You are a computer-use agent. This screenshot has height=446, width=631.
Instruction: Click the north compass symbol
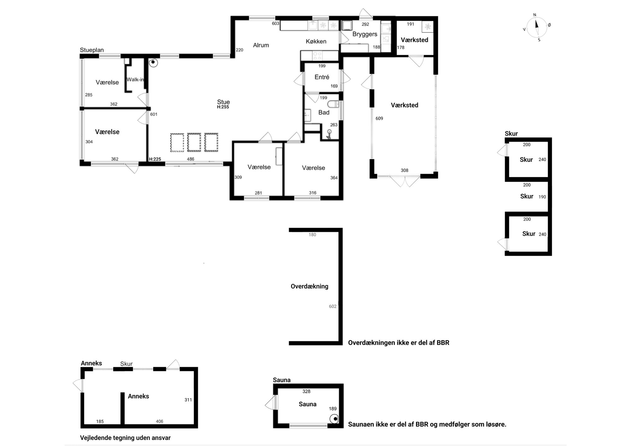(536, 27)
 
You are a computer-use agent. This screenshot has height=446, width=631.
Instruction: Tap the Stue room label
(223, 102)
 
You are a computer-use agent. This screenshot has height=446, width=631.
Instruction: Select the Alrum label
(261, 45)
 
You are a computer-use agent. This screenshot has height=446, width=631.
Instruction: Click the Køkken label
(316, 41)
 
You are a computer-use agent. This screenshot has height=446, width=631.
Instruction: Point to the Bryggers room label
(365, 34)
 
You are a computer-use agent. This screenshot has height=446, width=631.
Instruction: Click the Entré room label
(322, 77)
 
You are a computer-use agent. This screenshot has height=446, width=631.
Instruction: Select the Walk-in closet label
(135, 79)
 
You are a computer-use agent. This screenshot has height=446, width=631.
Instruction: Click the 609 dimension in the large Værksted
(379, 119)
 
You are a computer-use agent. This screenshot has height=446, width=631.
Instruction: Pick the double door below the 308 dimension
(405, 181)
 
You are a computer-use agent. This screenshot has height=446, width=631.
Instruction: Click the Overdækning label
(310, 286)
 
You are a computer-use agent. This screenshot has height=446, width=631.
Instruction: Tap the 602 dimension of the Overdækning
(333, 306)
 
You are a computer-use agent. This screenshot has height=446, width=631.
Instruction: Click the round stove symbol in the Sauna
(334, 419)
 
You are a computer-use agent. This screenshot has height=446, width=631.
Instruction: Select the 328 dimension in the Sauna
(306, 391)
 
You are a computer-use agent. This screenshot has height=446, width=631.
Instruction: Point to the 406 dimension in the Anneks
(160, 421)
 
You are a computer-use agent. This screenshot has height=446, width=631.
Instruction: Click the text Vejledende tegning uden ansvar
(125, 438)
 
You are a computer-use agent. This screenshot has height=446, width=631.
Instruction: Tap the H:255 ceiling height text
(223, 107)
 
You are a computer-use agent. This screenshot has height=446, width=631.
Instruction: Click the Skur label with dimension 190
(527, 196)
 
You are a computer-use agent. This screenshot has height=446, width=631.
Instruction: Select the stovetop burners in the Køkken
(317, 56)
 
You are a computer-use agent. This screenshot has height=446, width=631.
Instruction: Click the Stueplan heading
(92, 50)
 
